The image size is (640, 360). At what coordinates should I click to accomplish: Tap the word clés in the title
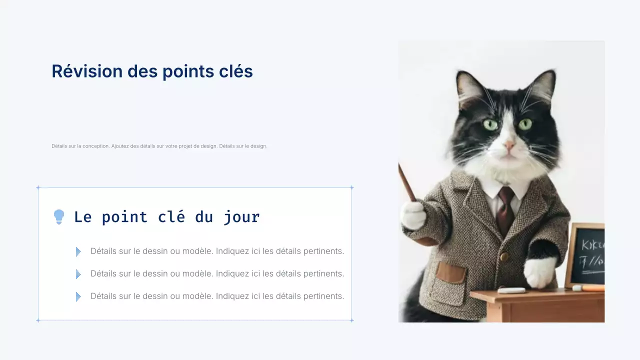[236, 71]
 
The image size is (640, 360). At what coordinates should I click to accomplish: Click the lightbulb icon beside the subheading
[59, 217]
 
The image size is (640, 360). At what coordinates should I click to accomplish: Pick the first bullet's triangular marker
[78, 251]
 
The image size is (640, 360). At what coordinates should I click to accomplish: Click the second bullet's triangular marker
[78, 274]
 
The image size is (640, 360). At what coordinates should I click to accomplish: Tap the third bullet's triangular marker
[78, 296]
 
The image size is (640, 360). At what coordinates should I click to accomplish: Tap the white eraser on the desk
[511, 290]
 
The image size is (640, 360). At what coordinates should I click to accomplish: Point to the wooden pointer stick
[407, 183]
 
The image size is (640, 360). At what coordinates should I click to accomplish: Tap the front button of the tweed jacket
[504, 256]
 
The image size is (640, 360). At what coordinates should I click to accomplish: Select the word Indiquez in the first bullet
[232, 251]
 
